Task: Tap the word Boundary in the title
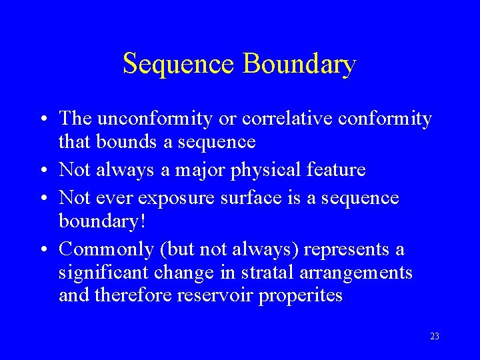coord(299,64)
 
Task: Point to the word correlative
coord(281,119)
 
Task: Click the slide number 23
coord(435,337)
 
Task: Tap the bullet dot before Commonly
coord(42,249)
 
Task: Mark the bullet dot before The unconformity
coord(42,119)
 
